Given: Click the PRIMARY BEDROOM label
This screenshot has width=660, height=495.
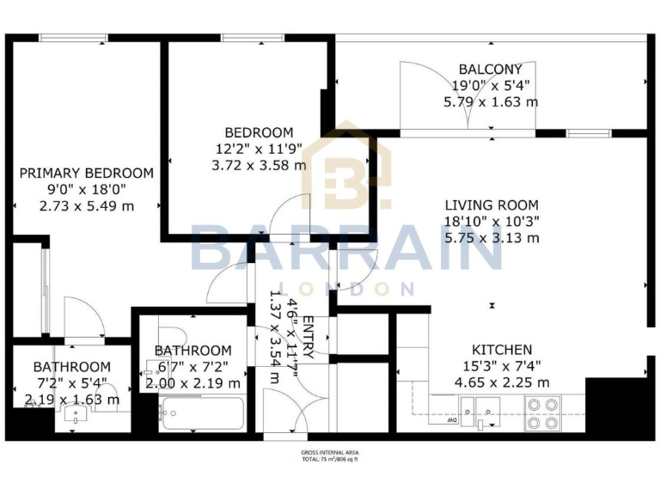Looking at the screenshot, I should [87, 173].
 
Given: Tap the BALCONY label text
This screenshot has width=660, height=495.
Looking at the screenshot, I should [490, 69].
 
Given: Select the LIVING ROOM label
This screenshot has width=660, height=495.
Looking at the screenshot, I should [491, 205].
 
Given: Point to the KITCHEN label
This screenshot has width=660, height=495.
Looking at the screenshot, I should [501, 350].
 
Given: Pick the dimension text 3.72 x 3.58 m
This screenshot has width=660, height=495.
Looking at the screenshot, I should [259, 165].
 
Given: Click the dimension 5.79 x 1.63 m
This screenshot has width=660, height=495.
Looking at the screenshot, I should [491, 101].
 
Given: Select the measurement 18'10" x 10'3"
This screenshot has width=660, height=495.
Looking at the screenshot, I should [491, 221].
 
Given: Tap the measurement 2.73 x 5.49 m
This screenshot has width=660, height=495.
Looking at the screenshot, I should [87, 206].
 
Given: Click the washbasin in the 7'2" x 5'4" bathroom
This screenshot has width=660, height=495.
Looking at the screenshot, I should [76, 419].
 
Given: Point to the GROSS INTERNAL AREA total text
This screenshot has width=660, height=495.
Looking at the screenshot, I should [330, 455].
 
